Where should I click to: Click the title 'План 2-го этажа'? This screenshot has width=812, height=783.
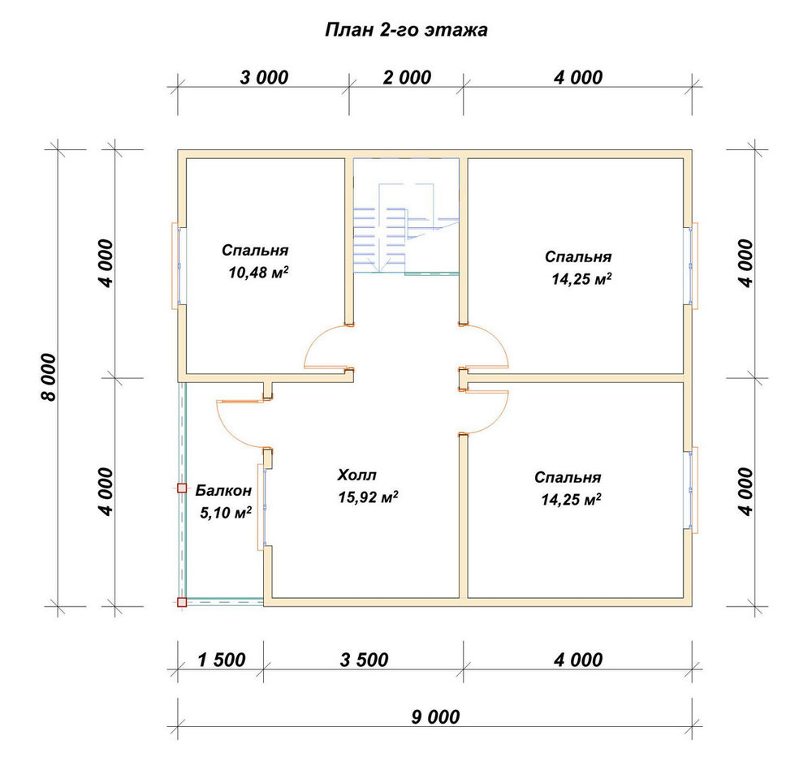(406, 30)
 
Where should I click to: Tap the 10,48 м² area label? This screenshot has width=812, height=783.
(258, 272)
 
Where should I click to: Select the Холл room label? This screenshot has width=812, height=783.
(356, 475)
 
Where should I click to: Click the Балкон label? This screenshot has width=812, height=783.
(223, 490)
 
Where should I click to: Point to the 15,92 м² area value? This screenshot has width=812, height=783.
(368, 497)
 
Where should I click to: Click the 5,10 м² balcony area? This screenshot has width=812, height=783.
(226, 513)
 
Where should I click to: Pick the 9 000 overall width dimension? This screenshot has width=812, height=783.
(435, 716)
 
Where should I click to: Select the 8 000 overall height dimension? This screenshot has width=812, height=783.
(48, 377)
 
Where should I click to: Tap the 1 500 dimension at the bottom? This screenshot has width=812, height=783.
(221, 660)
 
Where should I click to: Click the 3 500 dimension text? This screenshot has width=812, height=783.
(364, 660)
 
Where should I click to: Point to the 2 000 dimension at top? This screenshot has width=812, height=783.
(407, 78)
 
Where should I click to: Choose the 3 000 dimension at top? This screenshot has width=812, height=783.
(264, 78)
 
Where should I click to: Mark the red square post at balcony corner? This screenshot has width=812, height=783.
(182, 602)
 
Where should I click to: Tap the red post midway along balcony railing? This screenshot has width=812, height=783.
(182, 488)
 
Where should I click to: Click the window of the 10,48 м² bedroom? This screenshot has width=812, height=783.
(176, 266)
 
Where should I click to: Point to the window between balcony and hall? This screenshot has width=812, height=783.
(262, 507)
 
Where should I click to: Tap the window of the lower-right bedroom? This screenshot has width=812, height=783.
(693, 489)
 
